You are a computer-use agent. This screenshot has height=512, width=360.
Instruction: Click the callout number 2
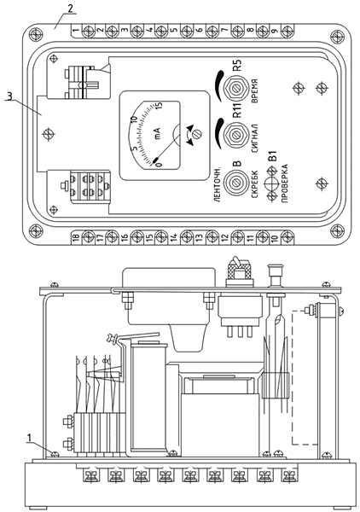coord(70,9)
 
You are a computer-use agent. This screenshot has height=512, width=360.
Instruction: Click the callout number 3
coord(9,96)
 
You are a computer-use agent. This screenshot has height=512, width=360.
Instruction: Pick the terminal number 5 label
coord(174,31)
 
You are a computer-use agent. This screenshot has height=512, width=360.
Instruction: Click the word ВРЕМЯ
coord(255,91)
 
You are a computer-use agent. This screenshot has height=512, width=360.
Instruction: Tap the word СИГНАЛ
coord(255,138)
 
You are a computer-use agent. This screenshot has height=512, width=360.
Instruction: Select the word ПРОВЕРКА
coord(285,183)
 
